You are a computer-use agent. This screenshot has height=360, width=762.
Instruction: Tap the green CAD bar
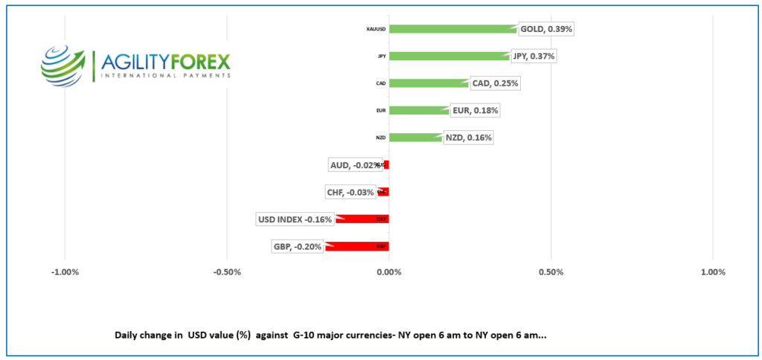tap(429, 83)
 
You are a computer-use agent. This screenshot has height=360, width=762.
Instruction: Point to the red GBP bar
tap(357, 246)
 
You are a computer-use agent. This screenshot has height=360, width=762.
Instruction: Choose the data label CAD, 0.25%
tap(495, 83)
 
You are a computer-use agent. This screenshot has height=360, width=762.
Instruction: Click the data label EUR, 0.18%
tap(475, 110)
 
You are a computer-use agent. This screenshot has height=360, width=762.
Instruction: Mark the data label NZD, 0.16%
tap(468, 138)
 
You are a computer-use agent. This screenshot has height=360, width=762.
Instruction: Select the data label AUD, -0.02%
tap(354, 164)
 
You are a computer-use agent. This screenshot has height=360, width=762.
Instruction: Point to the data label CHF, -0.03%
tap(350, 192)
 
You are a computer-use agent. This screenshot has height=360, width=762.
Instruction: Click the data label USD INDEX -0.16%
tap(295, 219)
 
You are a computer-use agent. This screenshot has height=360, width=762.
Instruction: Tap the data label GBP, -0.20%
tap(298, 246)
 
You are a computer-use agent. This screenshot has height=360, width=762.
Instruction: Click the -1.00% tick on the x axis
tap(65, 271)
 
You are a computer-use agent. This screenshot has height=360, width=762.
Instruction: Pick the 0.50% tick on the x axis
tap(551, 271)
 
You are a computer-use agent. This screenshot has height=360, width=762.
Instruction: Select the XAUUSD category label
tap(376, 29)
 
